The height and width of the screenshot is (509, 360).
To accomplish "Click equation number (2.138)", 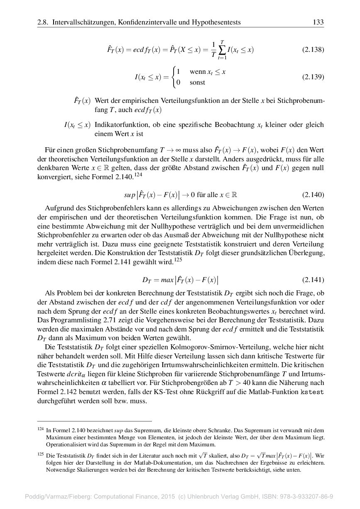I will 313,50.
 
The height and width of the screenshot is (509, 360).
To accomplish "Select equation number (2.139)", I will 313,77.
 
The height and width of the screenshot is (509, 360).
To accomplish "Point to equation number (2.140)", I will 313,195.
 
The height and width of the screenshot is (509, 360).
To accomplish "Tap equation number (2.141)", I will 313,280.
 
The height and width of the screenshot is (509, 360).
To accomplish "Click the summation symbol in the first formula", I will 223,50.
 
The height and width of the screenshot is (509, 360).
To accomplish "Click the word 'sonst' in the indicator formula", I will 197,83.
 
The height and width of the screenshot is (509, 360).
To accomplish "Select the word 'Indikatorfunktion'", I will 119,125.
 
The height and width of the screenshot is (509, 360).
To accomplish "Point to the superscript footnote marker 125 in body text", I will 178,260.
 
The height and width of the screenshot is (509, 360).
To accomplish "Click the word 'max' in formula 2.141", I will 167,280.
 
